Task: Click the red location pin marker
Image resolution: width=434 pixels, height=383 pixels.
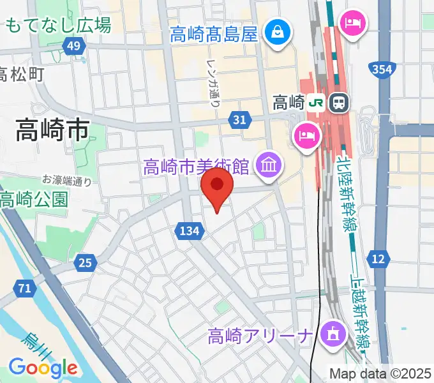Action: [x=217, y=187]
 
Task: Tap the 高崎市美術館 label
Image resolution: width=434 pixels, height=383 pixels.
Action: [x=195, y=167]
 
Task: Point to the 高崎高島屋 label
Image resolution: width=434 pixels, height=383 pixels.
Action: [x=214, y=33]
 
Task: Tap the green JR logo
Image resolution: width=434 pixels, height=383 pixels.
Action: [x=315, y=102]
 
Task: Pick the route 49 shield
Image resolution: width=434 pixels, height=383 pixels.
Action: [x=74, y=45]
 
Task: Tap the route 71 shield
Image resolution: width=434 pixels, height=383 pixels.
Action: [x=25, y=289]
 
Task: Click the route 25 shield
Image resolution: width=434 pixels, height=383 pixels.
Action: [x=85, y=260]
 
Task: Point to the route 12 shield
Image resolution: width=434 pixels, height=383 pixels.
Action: [x=379, y=258]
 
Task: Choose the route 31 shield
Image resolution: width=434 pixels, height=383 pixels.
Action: [x=239, y=119]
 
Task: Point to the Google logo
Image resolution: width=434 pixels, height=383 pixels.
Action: [x=43, y=368]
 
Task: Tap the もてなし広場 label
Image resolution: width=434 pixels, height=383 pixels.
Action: [x=57, y=26]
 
